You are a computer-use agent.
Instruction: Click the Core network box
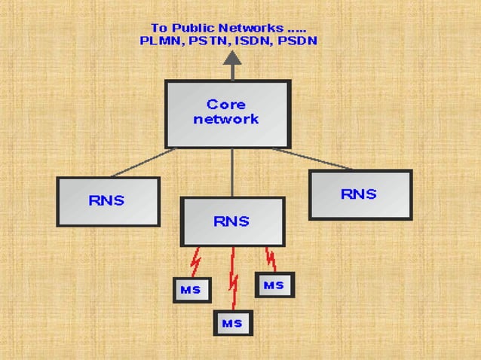(x=228, y=114)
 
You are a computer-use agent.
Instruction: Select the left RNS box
(x=108, y=201)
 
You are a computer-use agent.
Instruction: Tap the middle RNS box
(x=232, y=221)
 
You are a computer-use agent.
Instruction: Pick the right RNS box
(x=360, y=194)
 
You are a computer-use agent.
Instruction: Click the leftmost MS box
(x=191, y=290)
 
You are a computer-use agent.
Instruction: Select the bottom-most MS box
(x=233, y=323)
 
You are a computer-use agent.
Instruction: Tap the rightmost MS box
(x=274, y=285)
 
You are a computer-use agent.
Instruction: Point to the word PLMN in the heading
(x=161, y=41)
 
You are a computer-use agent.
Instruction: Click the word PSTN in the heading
(x=207, y=41)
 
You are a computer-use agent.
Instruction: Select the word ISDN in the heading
(x=251, y=41)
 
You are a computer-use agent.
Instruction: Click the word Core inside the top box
(x=226, y=104)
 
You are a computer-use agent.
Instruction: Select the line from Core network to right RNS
(x=313, y=159)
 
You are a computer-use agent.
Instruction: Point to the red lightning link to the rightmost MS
(x=270, y=258)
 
